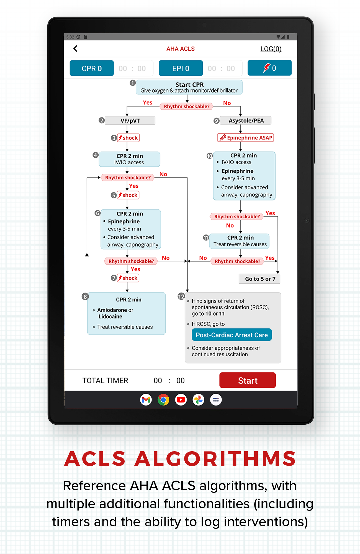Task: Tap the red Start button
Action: point(248,380)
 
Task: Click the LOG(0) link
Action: point(271,49)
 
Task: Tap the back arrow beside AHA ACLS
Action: point(75,49)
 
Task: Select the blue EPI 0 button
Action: point(181,68)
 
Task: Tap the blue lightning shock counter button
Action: point(269,68)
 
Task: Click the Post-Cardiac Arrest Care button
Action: point(232,335)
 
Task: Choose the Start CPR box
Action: point(189,87)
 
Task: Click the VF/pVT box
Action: point(130,120)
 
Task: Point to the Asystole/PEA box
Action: point(245,120)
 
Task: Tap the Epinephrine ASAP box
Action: point(246,138)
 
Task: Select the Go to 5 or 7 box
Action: point(259,279)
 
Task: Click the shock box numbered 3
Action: point(128,138)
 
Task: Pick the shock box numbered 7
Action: point(128,278)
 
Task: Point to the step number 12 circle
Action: point(181,296)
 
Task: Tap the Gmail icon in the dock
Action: point(146,400)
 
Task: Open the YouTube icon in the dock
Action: point(181,400)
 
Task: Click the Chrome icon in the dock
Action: point(163,400)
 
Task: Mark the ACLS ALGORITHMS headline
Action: point(180,459)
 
